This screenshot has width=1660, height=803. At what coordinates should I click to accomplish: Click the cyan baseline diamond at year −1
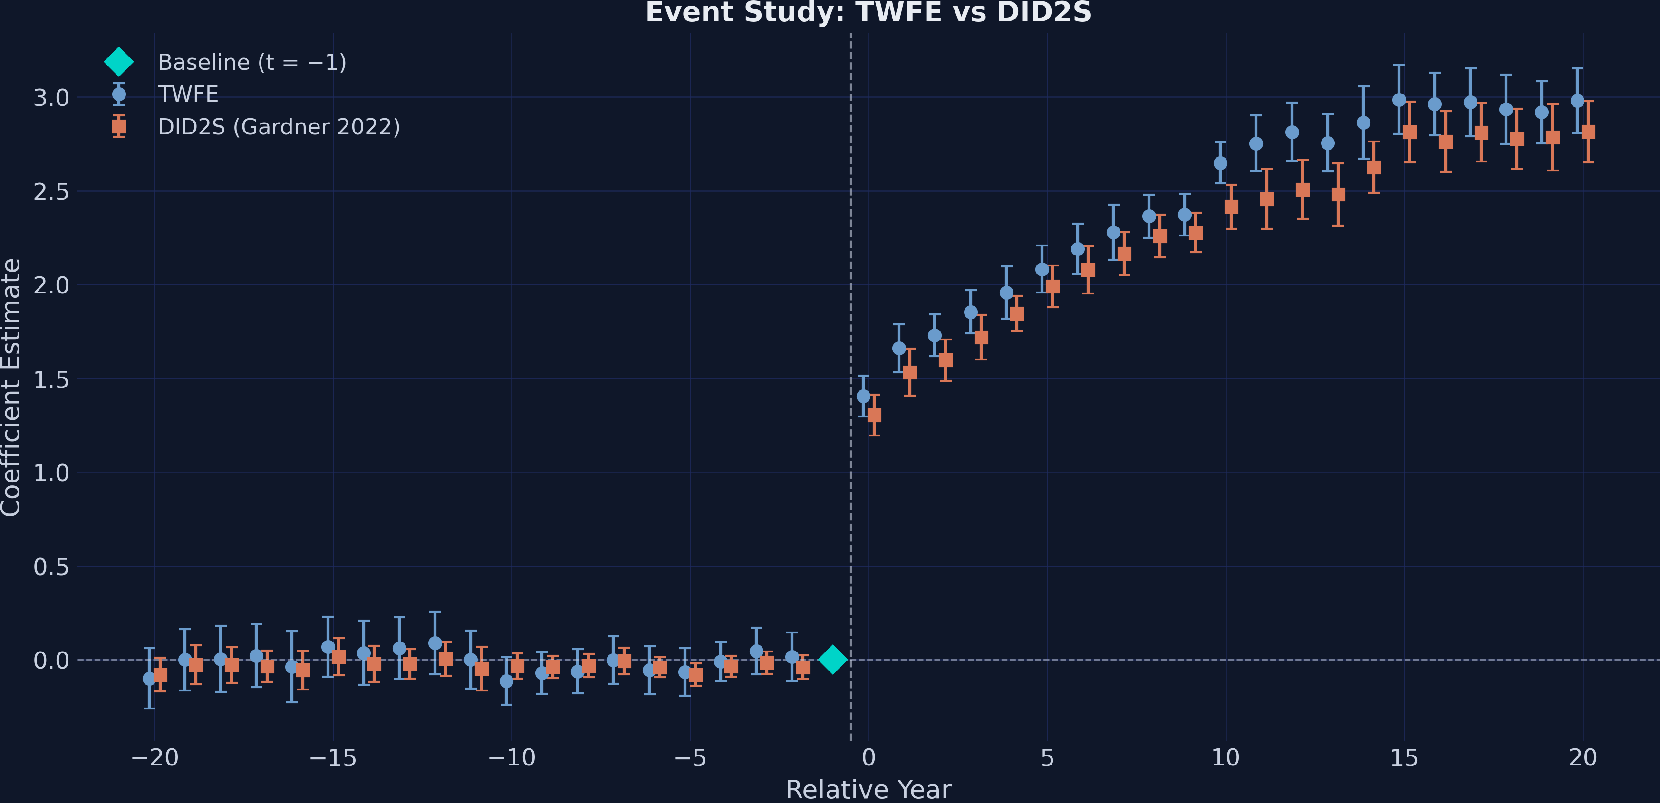(832, 660)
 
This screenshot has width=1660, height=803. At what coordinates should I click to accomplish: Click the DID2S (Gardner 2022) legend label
(279, 127)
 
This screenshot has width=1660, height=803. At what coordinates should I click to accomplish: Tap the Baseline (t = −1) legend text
(252, 63)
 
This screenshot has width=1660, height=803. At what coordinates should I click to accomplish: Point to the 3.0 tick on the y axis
(51, 98)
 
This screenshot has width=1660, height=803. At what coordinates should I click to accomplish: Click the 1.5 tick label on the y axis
(51, 379)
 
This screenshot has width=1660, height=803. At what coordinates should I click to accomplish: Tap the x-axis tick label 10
(1225, 758)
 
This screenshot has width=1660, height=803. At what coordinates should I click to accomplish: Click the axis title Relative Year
(868, 790)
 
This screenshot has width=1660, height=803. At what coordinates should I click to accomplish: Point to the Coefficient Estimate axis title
(11, 387)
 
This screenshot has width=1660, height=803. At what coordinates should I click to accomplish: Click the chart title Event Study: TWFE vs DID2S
(868, 13)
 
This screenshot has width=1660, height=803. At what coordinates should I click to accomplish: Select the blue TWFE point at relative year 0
(863, 396)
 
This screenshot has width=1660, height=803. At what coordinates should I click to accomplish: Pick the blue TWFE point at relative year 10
(1220, 163)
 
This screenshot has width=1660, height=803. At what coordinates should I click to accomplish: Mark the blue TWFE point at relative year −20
(149, 679)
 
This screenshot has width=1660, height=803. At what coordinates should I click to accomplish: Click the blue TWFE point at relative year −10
(506, 680)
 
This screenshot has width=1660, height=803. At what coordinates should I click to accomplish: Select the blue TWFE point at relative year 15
(1399, 100)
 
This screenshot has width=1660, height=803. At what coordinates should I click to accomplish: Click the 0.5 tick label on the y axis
(51, 567)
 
